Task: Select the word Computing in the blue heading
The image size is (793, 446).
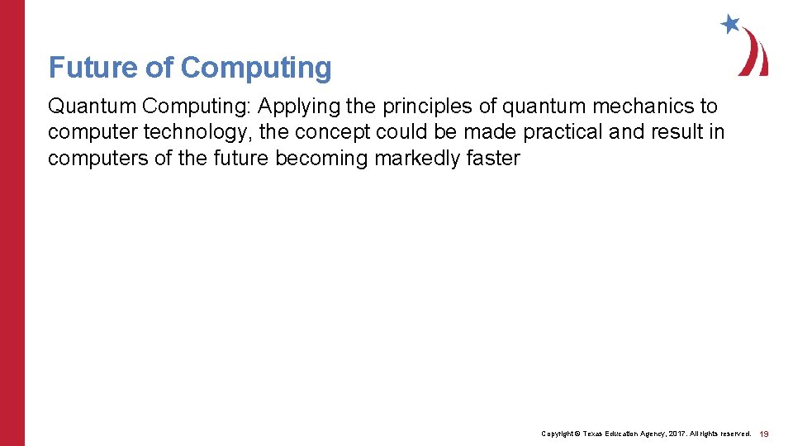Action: pos(256,69)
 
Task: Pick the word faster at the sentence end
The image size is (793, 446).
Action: pos(493,158)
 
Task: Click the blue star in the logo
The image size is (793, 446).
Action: pos(730,24)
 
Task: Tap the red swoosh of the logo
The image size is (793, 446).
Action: pos(754,54)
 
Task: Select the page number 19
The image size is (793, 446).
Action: pos(764,434)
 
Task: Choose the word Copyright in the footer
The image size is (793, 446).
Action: pos(558,434)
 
